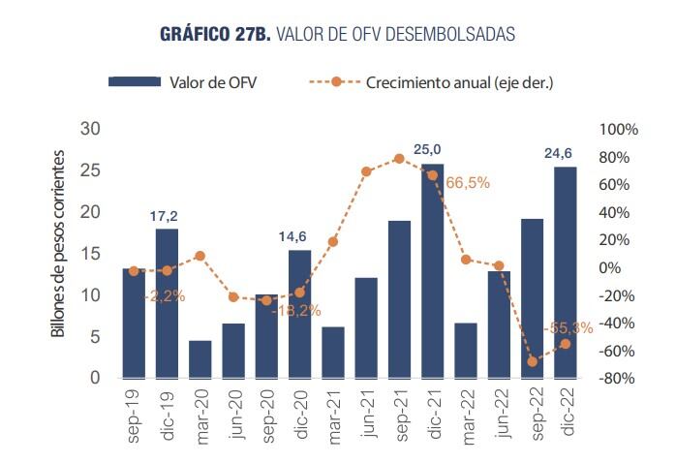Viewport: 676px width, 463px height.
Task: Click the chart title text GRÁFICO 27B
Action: (216, 34)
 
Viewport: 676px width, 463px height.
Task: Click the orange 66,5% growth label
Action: (468, 181)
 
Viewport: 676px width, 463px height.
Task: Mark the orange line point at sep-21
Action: (399, 158)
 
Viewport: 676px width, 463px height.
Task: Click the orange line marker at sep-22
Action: (532, 361)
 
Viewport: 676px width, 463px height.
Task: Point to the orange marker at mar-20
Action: (200, 256)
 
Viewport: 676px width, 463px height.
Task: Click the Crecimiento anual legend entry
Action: (431, 82)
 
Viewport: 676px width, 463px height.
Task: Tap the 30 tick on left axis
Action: (91, 129)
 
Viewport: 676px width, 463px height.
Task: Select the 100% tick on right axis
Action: (620, 130)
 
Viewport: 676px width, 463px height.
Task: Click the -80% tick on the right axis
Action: (617, 379)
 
